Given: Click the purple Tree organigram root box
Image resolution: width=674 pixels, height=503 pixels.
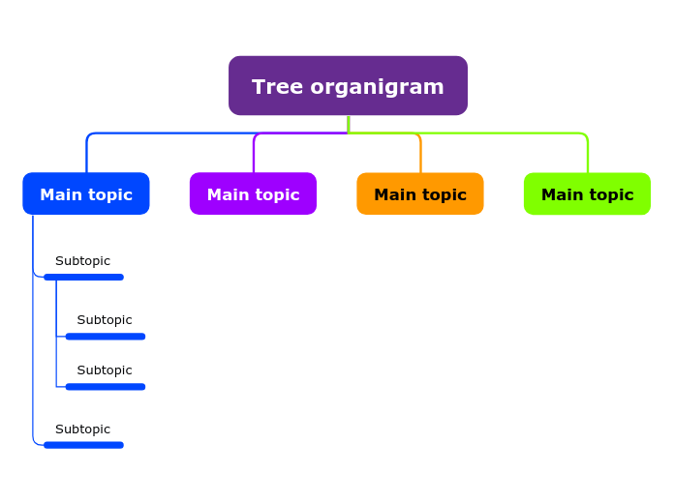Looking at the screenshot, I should click(348, 85).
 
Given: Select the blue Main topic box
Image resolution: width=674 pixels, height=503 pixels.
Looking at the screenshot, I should click(86, 193).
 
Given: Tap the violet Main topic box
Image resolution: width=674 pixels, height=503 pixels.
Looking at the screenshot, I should click(253, 193).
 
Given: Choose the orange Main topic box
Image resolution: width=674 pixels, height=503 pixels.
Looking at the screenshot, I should click(419, 193).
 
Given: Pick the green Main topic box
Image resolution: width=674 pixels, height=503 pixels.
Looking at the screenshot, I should click(587, 193).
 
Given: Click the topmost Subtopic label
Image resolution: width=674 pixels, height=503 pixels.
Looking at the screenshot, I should click(82, 261).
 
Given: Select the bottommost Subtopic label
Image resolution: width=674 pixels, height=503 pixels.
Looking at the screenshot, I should click(82, 429).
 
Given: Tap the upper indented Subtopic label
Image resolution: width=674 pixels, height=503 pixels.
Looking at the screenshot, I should click(105, 320).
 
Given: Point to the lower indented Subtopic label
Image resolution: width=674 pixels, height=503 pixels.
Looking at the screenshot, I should click(105, 370).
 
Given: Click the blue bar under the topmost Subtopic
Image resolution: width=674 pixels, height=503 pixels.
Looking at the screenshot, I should click(83, 278).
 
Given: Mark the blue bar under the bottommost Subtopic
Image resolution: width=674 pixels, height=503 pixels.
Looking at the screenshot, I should click(83, 445).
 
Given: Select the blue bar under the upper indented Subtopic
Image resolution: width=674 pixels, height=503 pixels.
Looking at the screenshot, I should click(106, 337).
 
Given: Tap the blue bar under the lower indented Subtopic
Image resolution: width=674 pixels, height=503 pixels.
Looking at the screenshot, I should click(106, 387).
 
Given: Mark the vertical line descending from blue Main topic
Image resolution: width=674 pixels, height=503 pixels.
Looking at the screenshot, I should click(33, 242).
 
